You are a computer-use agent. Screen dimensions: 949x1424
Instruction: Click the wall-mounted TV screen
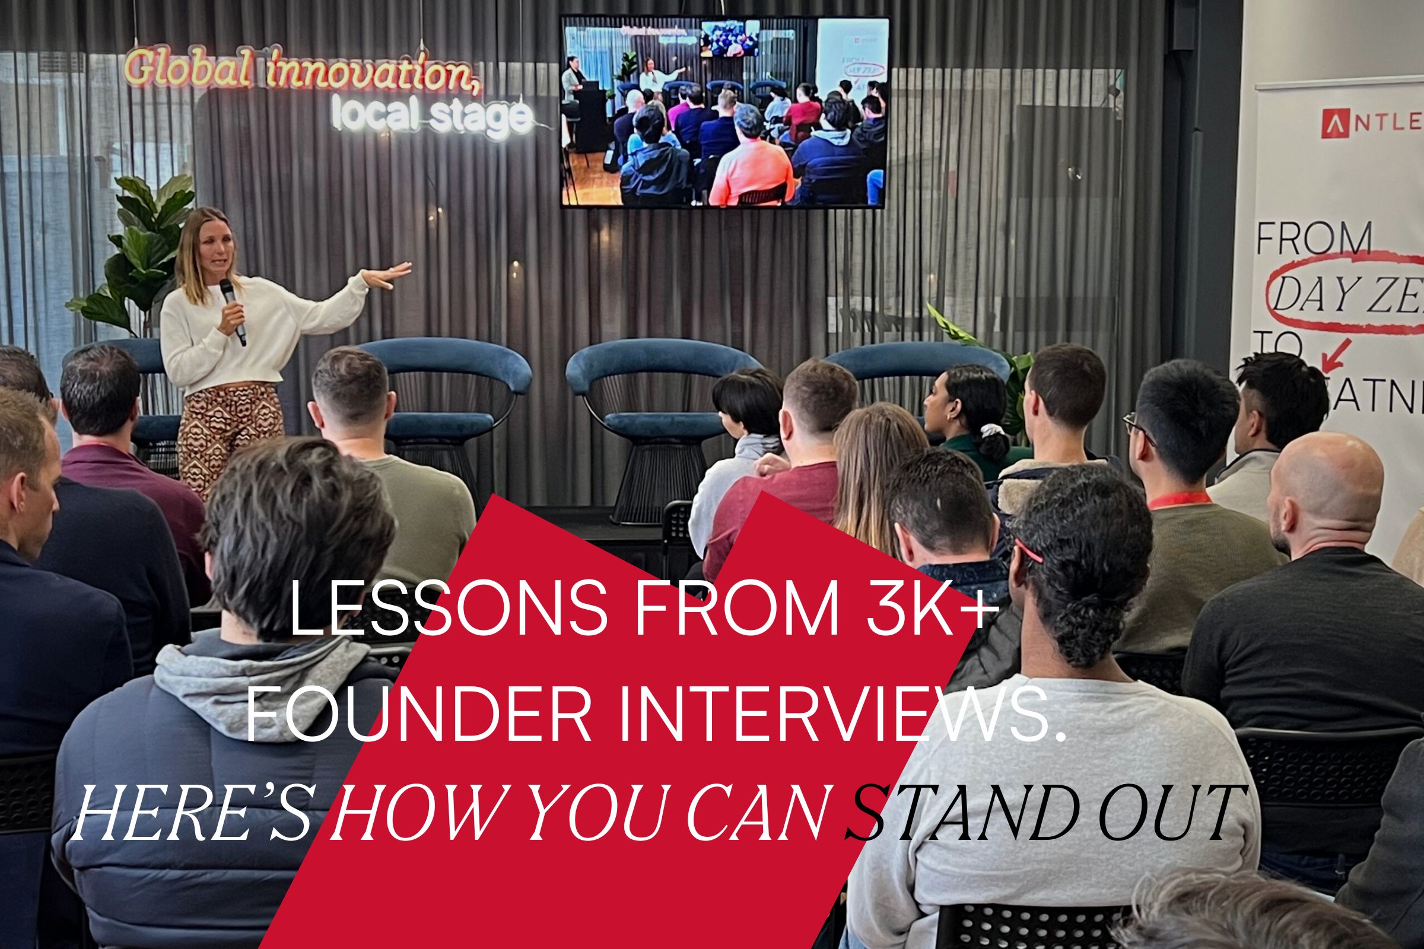tap(724, 112)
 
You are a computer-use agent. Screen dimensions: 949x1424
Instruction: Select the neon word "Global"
tap(187, 68)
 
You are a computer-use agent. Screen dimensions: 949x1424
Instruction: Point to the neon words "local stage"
tap(433, 116)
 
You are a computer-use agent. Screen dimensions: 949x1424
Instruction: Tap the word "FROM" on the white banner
tap(1314, 239)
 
